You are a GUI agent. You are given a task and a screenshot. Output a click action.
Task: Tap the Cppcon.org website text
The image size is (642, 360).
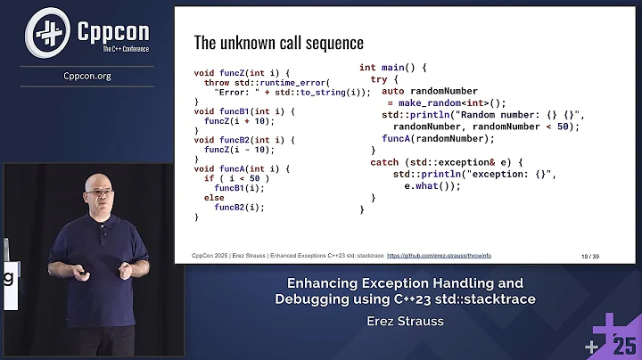[x=87, y=76]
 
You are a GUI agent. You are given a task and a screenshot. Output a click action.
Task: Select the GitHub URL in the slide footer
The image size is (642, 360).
[x=438, y=255]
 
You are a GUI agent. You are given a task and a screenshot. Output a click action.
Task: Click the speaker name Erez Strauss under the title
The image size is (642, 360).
[x=405, y=321]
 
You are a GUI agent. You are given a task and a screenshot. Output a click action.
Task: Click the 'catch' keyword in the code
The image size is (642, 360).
[x=386, y=162]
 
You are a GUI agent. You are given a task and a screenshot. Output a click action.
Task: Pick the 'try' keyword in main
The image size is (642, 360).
[x=379, y=79]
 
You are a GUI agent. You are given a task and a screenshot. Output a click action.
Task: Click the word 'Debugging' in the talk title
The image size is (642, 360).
[x=312, y=299]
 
